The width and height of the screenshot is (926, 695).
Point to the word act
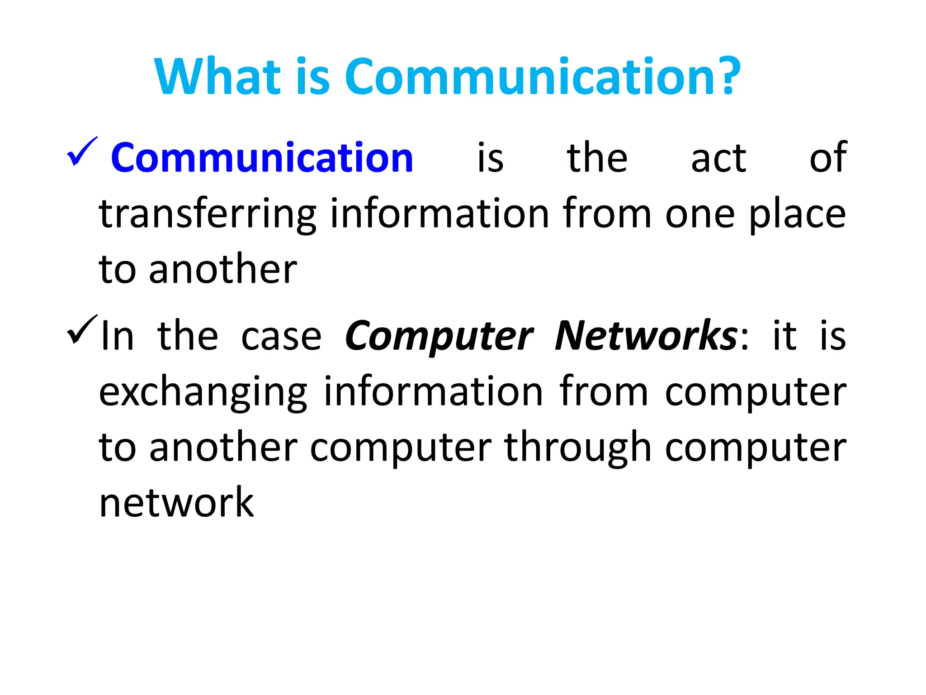click(x=718, y=158)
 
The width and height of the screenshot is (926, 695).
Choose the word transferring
click(x=208, y=214)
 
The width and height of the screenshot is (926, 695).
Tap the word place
click(x=797, y=214)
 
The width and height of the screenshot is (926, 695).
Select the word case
click(x=281, y=337)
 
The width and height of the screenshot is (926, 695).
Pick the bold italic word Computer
click(x=439, y=337)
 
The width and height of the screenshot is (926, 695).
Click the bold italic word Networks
click(x=646, y=336)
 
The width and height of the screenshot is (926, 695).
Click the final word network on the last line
click(x=176, y=502)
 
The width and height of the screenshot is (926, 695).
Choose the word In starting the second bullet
click(x=117, y=336)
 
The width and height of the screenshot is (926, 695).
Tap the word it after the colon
click(x=784, y=336)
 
